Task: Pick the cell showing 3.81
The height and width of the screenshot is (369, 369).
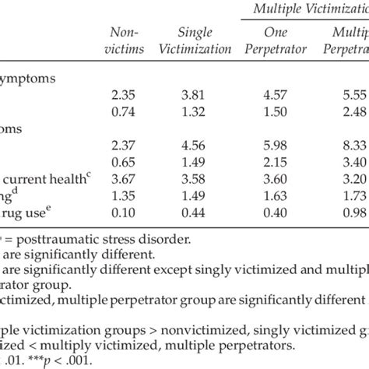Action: (195, 97)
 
